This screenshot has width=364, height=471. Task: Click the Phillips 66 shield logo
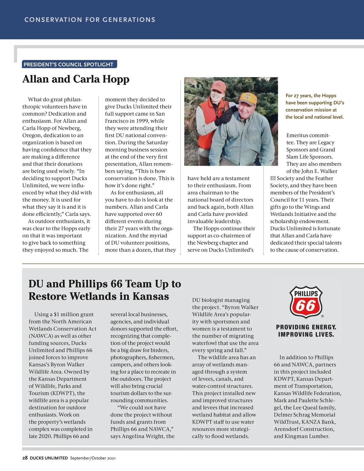(306, 302)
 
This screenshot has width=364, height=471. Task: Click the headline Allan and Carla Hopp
(76, 79)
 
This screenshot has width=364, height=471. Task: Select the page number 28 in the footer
(25, 458)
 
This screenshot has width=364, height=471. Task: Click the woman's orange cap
(218, 87)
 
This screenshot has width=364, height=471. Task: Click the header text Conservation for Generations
(90, 20)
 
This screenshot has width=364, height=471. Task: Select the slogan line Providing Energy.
(306, 327)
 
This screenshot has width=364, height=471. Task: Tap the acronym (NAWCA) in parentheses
(41, 336)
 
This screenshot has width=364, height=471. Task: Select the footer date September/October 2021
(93, 458)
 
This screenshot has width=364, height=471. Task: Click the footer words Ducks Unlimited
(49, 458)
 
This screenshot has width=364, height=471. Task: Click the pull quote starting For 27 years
(315, 106)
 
